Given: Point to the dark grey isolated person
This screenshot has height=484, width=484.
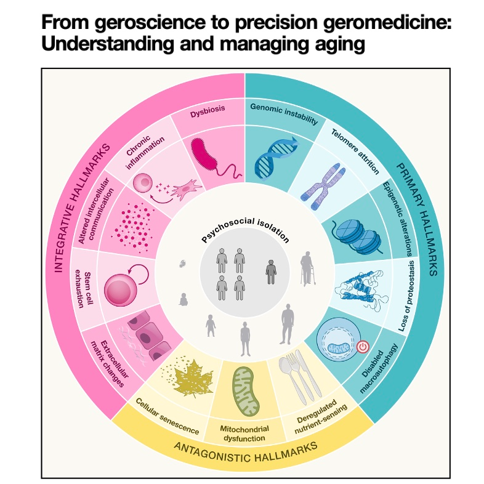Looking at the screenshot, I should [270, 271].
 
